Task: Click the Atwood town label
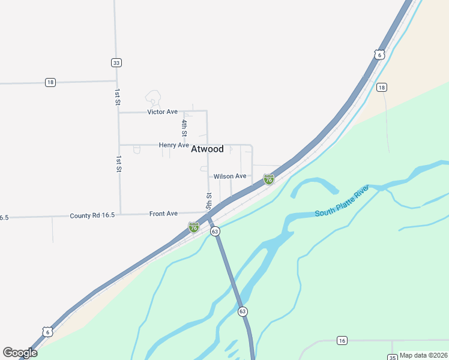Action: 207,149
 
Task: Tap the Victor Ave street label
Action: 163,112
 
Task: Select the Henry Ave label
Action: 174,145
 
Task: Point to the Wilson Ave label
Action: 230,176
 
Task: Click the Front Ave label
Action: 163,214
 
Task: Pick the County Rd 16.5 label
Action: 91,216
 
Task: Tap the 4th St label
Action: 185,128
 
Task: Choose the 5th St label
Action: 209,200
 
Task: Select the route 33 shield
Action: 116,62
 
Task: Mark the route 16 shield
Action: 342,341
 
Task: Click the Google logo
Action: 20,353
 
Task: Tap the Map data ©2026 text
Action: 423,355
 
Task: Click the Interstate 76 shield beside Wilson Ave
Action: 269,179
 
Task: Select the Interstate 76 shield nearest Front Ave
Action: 193,227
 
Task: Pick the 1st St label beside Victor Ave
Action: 118,98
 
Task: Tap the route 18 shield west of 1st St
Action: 50,82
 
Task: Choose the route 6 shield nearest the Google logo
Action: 47,332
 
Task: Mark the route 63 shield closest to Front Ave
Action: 215,231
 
